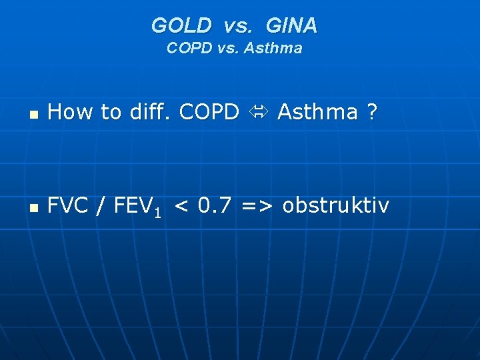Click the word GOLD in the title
[x=181, y=26]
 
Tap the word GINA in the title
[x=291, y=26]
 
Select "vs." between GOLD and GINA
[x=238, y=27]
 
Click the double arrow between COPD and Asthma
[x=258, y=113]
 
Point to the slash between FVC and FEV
[x=101, y=207]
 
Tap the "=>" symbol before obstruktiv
[x=257, y=206]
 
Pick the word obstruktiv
[x=335, y=206]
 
